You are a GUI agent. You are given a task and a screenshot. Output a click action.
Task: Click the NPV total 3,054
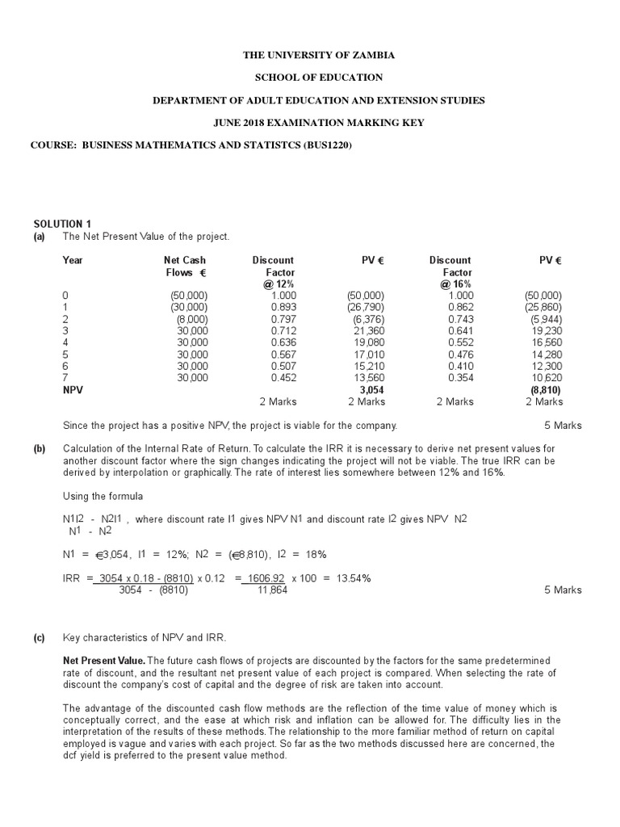click(371, 388)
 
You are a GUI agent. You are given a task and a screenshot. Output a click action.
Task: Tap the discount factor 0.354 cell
click(461, 376)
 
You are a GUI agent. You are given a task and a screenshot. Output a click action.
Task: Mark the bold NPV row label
click(73, 388)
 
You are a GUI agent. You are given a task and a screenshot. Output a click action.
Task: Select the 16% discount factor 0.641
click(461, 330)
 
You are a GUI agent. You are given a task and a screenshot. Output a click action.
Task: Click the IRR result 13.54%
click(350, 578)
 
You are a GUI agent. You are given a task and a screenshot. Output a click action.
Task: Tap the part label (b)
click(40, 449)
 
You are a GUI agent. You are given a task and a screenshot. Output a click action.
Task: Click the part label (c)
click(40, 637)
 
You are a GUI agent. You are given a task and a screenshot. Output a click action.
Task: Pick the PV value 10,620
click(547, 376)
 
